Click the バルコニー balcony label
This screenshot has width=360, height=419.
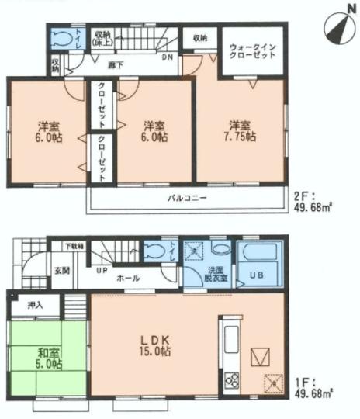point(187,198)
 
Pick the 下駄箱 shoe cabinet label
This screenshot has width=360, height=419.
point(74,247)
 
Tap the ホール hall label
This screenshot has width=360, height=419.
point(129,276)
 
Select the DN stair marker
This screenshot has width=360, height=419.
point(167,57)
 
